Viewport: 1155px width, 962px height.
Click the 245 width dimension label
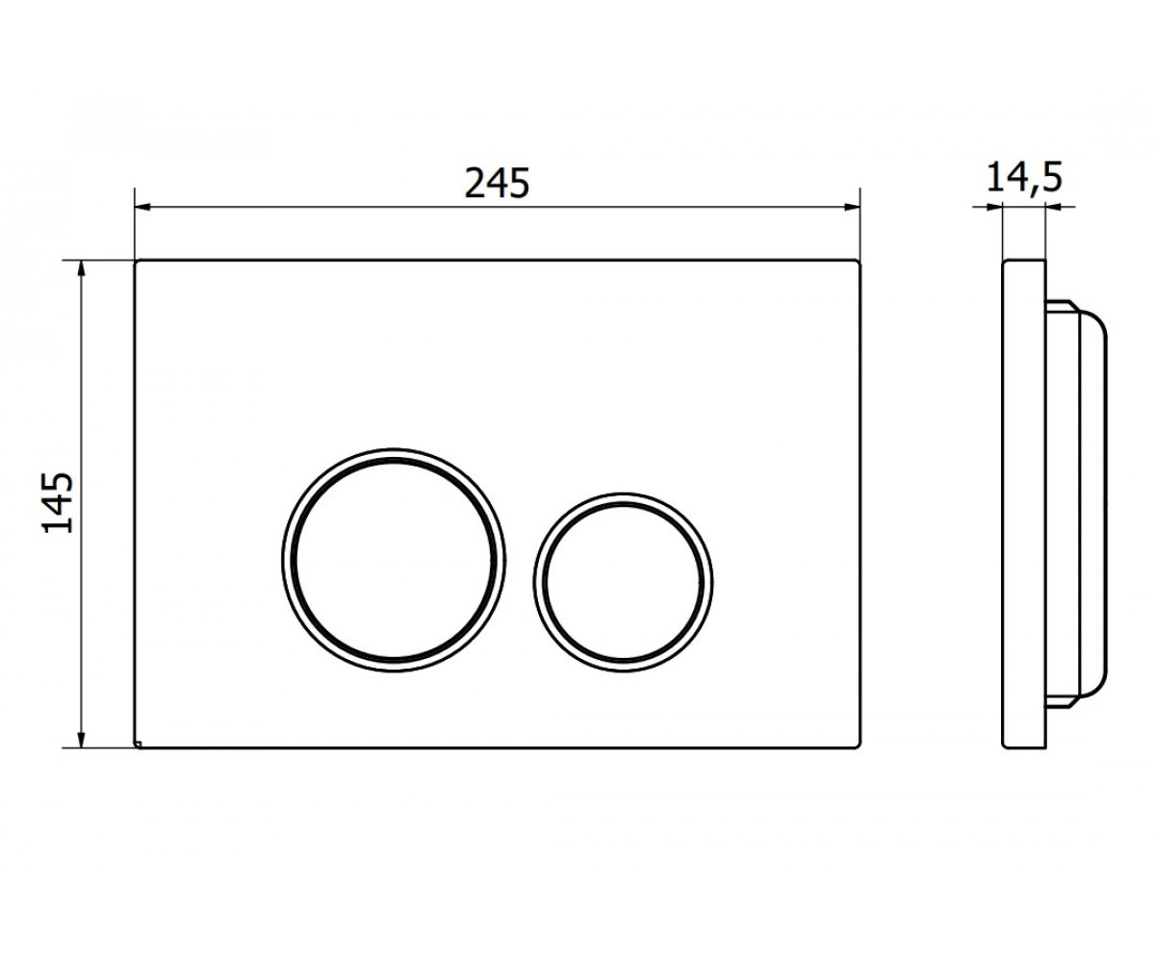497,183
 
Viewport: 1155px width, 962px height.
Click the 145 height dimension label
58,502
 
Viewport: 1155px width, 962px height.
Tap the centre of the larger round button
394,560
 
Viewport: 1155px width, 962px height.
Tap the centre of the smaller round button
623,582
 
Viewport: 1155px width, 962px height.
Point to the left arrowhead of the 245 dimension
143,208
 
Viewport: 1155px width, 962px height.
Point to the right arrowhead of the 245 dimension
852,208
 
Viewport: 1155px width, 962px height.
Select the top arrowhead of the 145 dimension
81,268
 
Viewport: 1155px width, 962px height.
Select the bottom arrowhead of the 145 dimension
81,740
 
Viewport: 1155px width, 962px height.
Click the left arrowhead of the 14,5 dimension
995,208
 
